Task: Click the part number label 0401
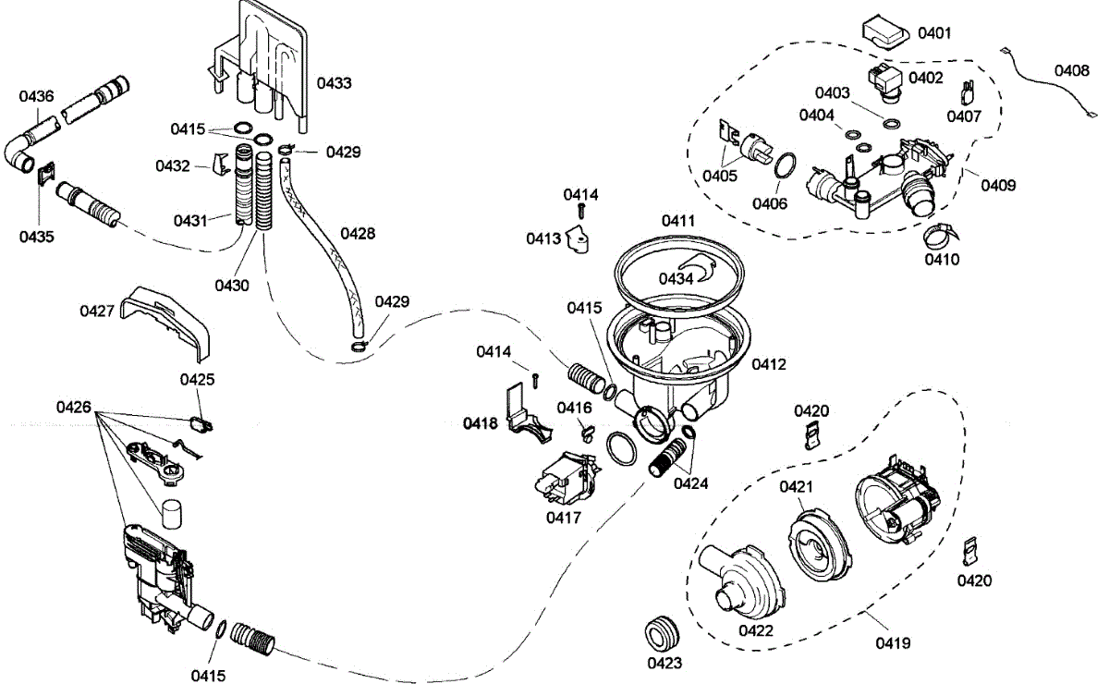(x=934, y=33)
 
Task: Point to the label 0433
(x=334, y=83)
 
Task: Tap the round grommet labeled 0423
(x=662, y=634)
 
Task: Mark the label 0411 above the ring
(x=677, y=221)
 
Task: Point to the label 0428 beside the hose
(x=358, y=234)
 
